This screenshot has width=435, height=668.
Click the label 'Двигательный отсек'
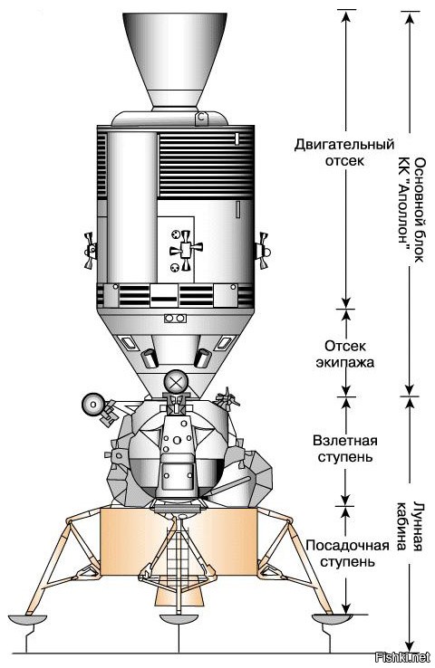(344, 152)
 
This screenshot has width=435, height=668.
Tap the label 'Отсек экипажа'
(344, 354)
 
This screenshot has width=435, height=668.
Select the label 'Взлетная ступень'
(345, 448)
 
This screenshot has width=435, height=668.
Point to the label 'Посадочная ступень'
(347, 553)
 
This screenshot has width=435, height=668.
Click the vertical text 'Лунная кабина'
(410, 527)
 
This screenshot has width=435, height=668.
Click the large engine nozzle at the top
(175, 60)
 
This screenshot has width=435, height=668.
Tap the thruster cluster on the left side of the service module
(90, 251)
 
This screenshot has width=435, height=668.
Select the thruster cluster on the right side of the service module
(261, 251)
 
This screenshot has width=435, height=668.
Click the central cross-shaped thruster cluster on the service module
(186, 250)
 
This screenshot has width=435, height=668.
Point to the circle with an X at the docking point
(176, 382)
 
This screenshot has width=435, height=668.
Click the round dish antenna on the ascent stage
(93, 405)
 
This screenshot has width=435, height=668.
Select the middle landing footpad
(179, 620)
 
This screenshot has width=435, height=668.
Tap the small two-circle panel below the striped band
(175, 319)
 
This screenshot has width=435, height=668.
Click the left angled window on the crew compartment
(128, 342)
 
